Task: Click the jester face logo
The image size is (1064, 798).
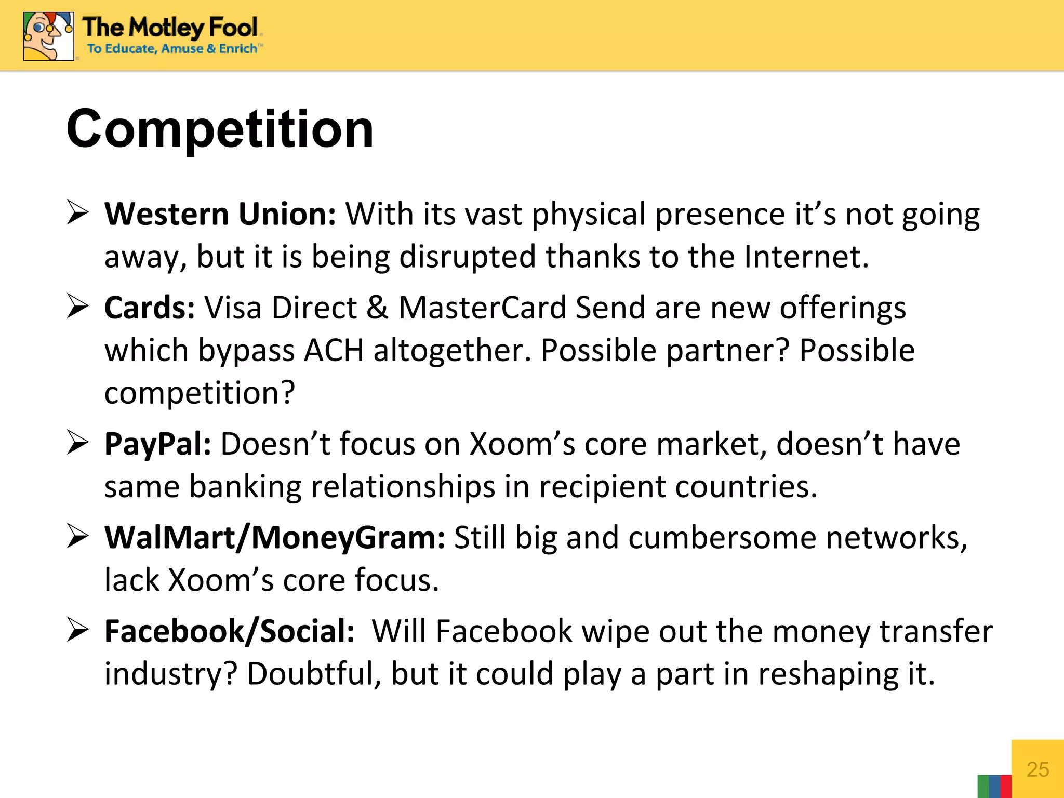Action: pyautogui.click(x=48, y=36)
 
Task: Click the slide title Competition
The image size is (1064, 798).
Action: pyautogui.click(x=220, y=129)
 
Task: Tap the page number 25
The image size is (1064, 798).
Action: pyautogui.click(x=1038, y=769)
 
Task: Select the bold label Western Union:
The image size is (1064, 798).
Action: pyautogui.click(x=220, y=214)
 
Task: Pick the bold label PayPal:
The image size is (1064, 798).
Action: pyautogui.click(x=157, y=444)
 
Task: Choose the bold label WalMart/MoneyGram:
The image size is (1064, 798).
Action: pyautogui.click(x=275, y=537)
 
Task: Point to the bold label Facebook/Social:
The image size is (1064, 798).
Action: pyautogui.click(x=229, y=631)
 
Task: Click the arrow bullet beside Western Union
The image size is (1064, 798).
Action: pyautogui.click(x=78, y=213)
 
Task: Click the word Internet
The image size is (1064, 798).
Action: pyautogui.click(x=806, y=257)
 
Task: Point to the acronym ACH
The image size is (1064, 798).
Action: pyautogui.click(x=334, y=350)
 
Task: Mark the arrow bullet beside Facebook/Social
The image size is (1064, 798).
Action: pyautogui.click(x=78, y=631)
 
